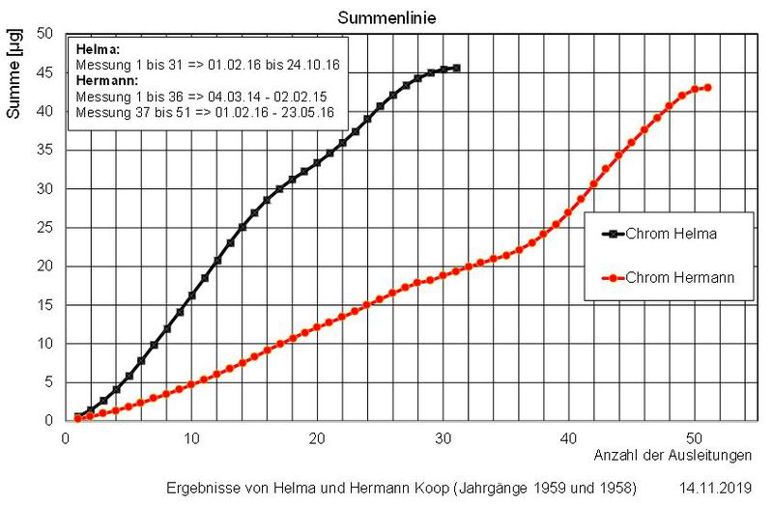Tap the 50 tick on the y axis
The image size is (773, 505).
[x=44, y=34]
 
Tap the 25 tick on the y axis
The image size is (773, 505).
[x=44, y=228]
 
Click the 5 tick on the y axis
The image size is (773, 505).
[x=48, y=382]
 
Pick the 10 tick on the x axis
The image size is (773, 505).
[x=191, y=437]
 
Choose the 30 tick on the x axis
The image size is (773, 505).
[x=444, y=437]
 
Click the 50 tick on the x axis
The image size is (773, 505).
[x=695, y=437]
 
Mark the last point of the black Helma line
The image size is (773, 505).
[x=456, y=68]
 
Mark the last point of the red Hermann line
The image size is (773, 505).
[x=708, y=87]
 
